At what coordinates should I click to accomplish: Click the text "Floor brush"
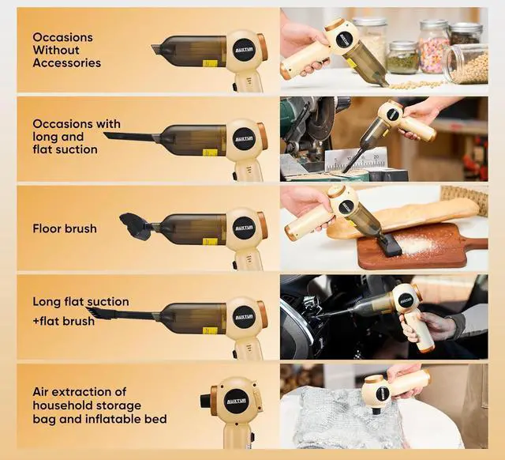coord(65,228)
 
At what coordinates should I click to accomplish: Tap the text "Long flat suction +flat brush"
coord(80,311)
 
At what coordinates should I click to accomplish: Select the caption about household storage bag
coord(99,405)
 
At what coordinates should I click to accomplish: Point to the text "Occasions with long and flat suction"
coord(77,136)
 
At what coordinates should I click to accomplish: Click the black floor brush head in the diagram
coord(135,226)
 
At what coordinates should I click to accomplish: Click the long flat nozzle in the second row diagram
coord(130,138)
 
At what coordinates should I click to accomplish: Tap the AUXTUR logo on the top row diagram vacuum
coord(244,49)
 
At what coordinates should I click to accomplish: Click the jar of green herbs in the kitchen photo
coord(403,60)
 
